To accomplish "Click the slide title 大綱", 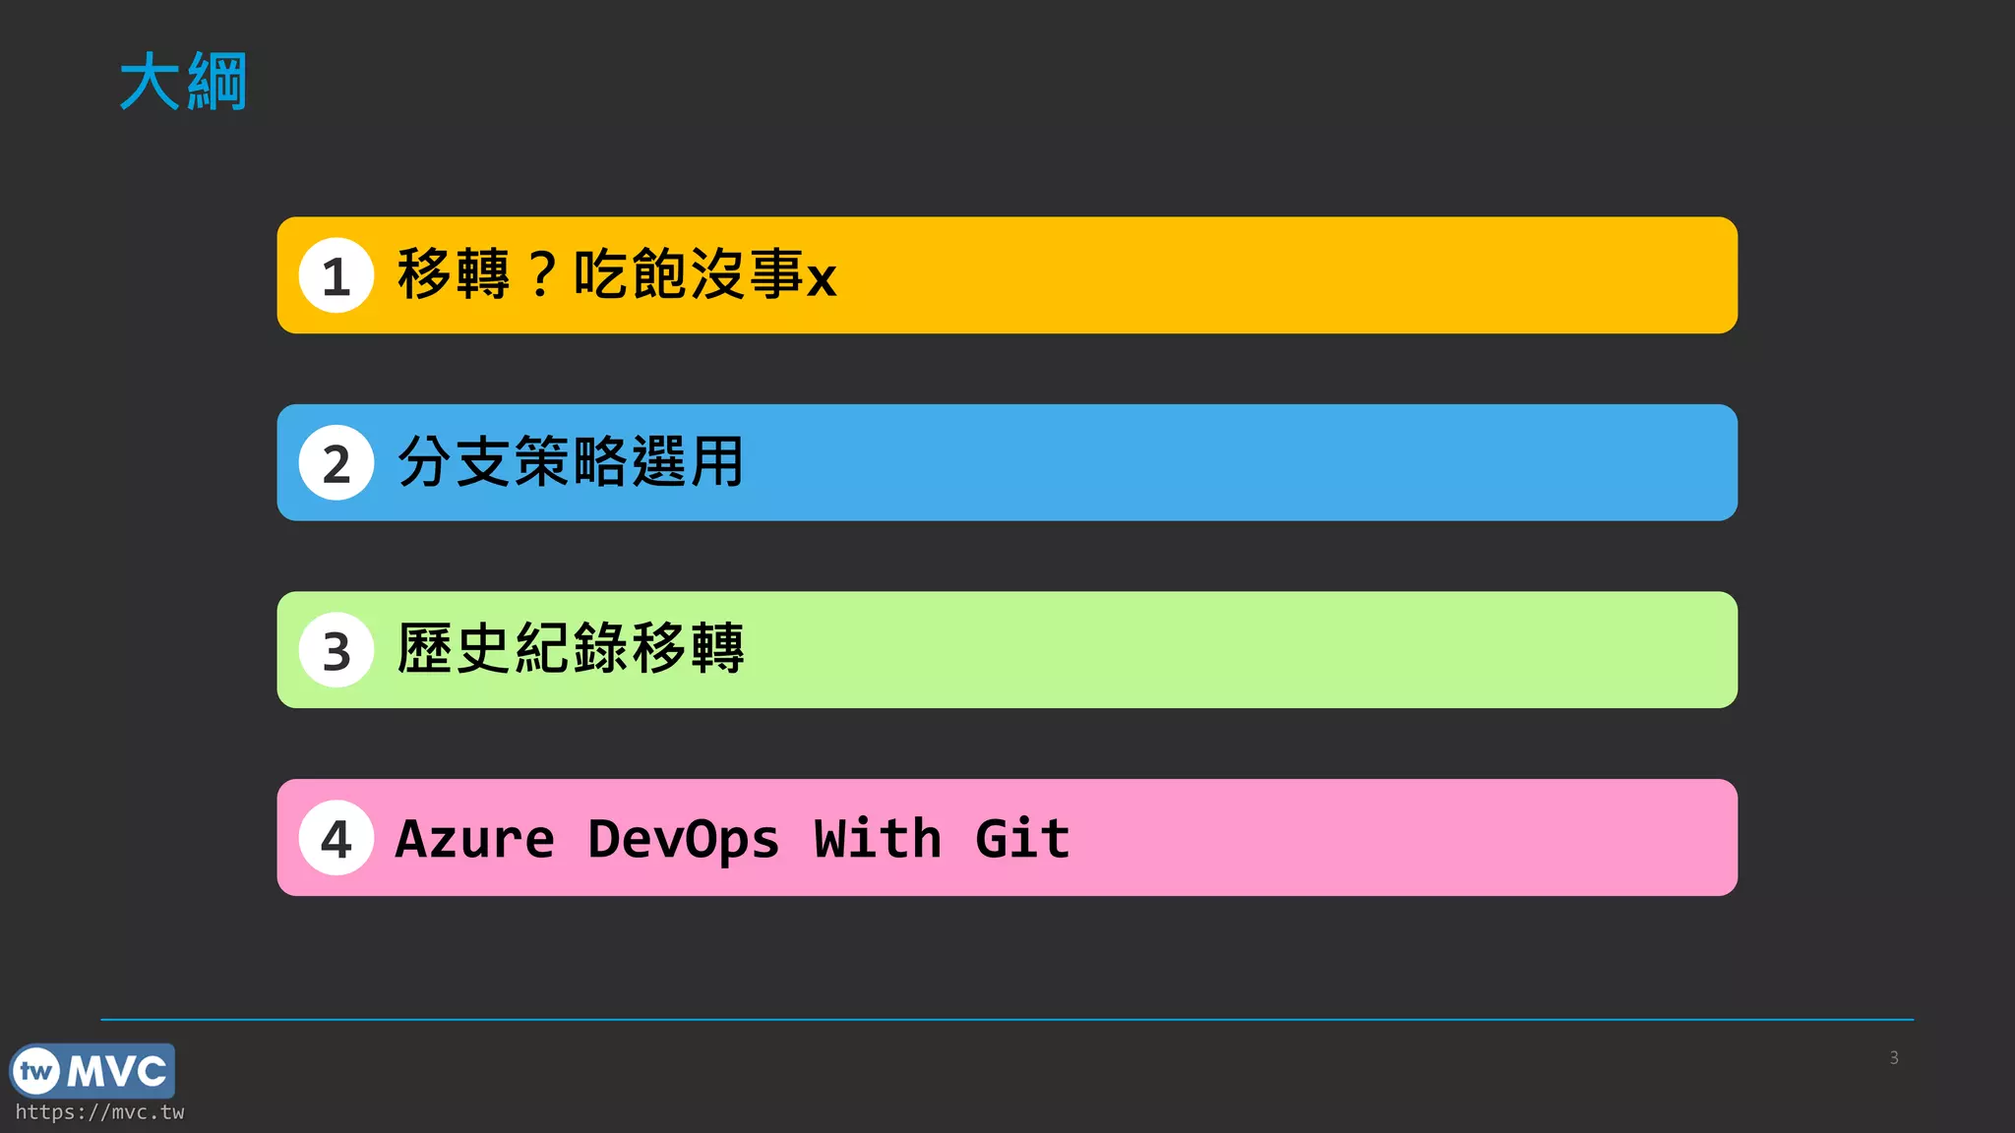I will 183,82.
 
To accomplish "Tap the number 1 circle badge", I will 336,275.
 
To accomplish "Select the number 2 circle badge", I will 336,463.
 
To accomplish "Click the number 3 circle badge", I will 336,650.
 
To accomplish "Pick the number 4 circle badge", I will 336,838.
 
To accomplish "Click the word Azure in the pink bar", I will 475,839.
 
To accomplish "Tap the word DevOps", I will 684,839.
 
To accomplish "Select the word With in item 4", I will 878,839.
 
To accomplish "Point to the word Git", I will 1022,839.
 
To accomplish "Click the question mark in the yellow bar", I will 542,274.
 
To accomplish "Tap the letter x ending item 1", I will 822,278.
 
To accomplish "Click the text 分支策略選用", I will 571,461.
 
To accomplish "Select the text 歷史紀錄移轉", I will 571,649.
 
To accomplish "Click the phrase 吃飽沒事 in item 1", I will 689,273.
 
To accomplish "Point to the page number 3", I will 1894,1058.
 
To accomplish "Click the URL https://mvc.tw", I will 99,1112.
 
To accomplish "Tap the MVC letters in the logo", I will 117,1071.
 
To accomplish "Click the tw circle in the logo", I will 36,1071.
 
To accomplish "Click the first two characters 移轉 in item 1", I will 454,273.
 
